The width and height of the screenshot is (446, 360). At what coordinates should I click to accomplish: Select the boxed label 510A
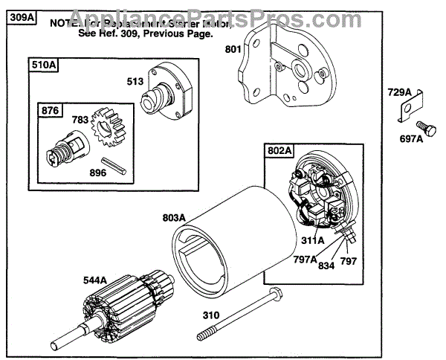45,65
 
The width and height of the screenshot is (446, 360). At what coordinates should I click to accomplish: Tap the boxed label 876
50,110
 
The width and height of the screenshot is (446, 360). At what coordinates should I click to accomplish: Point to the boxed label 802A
279,151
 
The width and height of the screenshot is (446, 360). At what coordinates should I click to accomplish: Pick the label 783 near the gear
80,119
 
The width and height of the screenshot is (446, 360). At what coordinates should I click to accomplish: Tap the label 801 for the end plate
235,51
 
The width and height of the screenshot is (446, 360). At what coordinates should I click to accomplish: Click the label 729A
399,92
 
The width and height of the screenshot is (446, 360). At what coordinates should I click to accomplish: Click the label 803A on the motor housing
175,218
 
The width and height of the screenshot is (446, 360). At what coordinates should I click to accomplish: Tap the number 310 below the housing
211,315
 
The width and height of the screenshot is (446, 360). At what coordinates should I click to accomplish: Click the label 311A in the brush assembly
313,240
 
